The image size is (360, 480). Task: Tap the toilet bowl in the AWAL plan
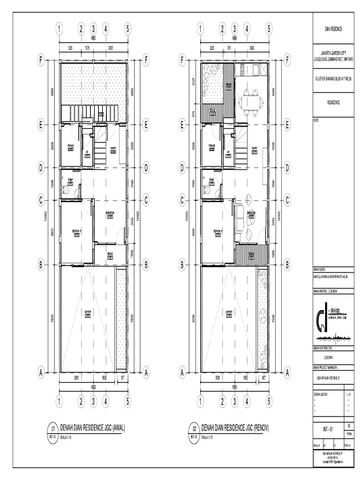pyautogui.click(x=64, y=190)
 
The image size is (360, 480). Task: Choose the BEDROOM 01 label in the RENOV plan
pyautogui.click(x=217, y=231)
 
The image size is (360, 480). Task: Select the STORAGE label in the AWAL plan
pyautogui.click(x=71, y=146)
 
